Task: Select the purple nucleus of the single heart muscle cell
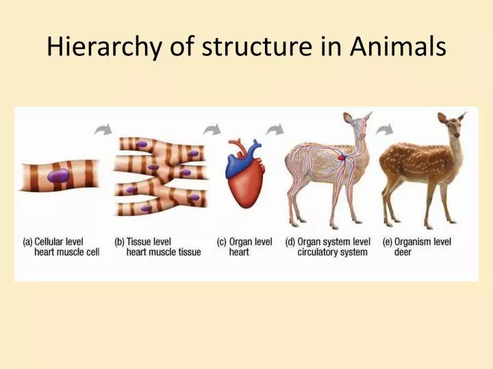pos(60,176)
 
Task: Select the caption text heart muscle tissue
pos(164,252)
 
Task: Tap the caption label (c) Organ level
pos(244,242)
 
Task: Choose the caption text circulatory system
pos(332,252)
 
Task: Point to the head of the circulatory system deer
pos(357,126)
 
